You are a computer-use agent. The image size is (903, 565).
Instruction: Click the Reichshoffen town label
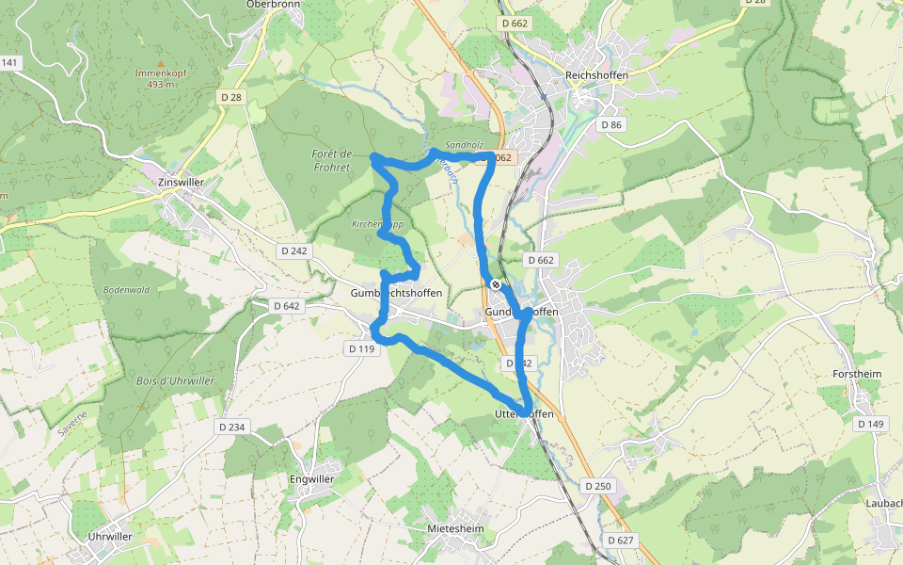[596, 75]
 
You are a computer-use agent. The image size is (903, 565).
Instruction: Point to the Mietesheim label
[455, 528]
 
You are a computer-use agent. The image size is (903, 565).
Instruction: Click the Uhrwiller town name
[109, 536]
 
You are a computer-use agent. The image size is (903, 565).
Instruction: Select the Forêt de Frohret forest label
[331, 160]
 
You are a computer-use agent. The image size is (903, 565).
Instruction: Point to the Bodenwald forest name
[127, 290]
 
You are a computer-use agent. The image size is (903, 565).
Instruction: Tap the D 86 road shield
[611, 124]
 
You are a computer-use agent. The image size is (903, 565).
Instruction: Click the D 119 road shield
[361, 348]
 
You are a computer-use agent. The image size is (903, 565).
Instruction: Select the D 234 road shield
[231, 427]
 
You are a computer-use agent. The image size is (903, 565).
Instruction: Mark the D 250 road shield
[596, 486]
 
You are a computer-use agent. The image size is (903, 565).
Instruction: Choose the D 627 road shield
[621, 540]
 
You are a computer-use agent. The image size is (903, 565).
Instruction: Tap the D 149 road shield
[871, 424]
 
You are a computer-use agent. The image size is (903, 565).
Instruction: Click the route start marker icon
[496, 284]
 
